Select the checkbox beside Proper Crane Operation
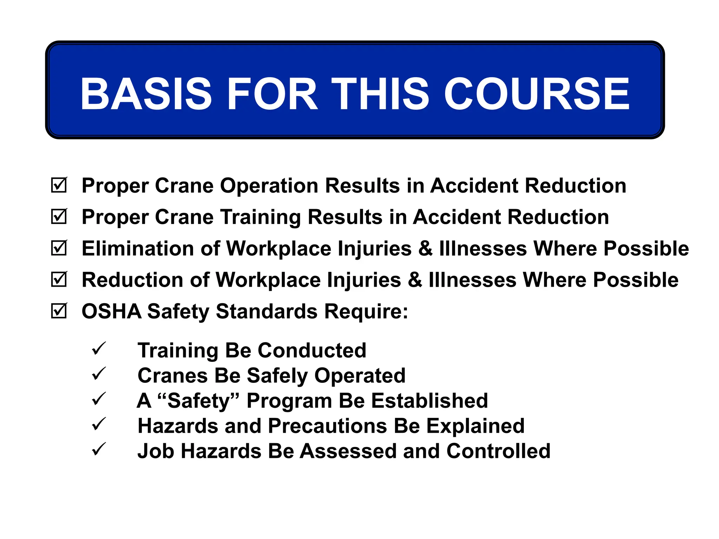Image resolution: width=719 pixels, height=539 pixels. click(59, 185)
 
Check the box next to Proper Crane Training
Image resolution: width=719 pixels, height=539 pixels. click(59, 217)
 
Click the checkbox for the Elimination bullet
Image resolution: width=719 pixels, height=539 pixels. click(59, 248)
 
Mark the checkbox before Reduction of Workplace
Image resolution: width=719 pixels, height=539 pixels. click(59, 280)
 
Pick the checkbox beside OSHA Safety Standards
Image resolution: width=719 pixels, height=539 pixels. click(59, 311)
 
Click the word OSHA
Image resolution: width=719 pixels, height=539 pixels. click(111, 311)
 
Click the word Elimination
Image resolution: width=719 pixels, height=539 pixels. click(138, 248)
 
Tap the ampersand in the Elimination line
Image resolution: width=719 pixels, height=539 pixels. click(425, 248)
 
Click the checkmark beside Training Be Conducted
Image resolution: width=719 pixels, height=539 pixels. click(99, 348)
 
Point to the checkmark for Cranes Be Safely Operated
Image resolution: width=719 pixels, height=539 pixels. click(99, 374)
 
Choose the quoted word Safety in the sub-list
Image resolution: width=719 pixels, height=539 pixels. click(198, 401)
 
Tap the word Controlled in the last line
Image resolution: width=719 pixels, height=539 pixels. click(498, 451)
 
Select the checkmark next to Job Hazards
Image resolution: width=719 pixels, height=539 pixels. click(99, 449)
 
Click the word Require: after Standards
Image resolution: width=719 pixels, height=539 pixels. click(366, 311)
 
